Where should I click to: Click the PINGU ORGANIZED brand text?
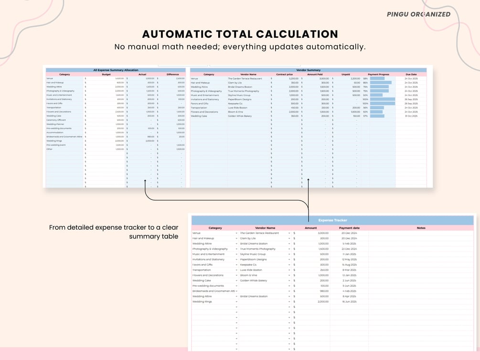coord(418,14)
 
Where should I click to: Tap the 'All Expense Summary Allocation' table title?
coord(116,70)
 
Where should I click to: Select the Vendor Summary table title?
coord(308,70)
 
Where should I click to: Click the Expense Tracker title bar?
coord(333,220)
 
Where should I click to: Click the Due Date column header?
coord(411,74)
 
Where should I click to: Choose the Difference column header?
coord(172,74)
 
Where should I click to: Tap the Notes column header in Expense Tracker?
coord(421,228)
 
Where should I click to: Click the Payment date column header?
coord(349,228)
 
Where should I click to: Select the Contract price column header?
coord(284,74)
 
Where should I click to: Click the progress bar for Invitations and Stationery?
coord(382,99)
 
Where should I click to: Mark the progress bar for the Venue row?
coord(377,78)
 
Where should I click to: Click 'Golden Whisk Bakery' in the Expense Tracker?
coord(254,281)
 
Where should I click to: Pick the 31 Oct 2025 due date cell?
coord(411,116)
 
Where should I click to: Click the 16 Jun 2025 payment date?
coord(350,302)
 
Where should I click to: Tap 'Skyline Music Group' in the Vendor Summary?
coord(239,95)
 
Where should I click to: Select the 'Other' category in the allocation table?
coord(49,149)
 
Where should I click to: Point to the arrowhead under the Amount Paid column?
coord(309,180)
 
